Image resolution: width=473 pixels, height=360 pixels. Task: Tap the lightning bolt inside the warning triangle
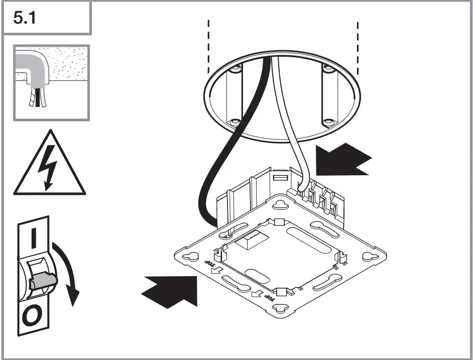tap(49, 170)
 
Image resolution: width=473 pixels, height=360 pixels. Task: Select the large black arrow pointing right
tap(171, 290)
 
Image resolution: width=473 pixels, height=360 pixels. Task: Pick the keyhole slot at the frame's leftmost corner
tap(191, 256)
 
